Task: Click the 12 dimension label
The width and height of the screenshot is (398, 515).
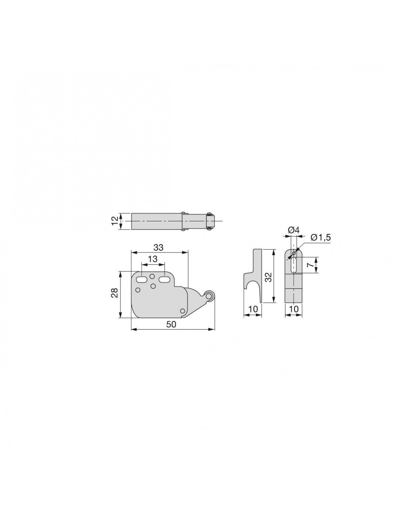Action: (x=115, y=221)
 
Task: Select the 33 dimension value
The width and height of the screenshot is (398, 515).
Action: (x=158, y=247)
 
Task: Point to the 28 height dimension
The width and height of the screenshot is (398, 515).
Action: (x=115, y=293)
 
